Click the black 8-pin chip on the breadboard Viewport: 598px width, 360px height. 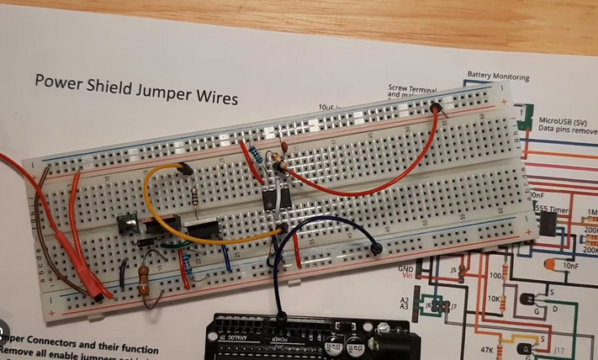pyautogui.click(x=271, y=199)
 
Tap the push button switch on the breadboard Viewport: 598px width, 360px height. pyautogui.click(x=127, y=225)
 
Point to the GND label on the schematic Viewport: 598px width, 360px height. pyautogui.click(x=405, y=267)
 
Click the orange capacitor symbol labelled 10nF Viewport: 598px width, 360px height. pyautogui.click(x=551, y=266)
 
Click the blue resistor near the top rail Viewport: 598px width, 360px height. pyautogui.click(x=251, y=156)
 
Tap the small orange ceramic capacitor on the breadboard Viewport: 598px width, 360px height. pyautogui.click(x=283, y=147)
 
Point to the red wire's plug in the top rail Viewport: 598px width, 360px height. pyautogui.click(x=436, y=108)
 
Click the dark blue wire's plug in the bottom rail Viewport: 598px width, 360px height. pyautogui.click(x=375, y=248)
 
